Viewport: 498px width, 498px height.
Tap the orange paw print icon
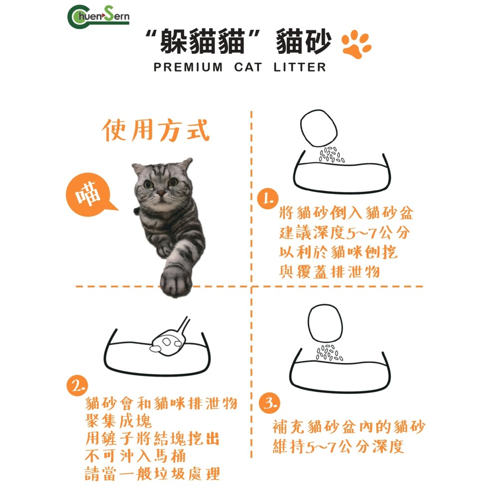tap(357, 44)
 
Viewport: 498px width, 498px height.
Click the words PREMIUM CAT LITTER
tap(240, 67)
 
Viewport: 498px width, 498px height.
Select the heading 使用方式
tap(156, 131)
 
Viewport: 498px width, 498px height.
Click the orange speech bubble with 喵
tap(90, 195)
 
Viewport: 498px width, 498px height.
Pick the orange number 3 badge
tap(269, 403)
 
